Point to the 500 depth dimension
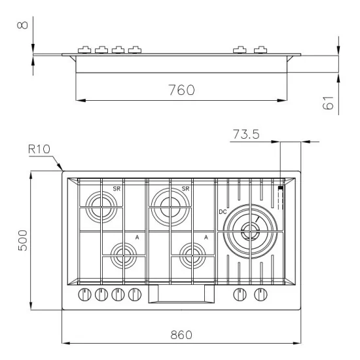point(22,242)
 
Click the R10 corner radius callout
point(41,149)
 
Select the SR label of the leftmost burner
point(116,189)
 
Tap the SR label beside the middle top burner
point(185,189)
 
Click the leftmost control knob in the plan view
point(84,295)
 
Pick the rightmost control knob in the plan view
point(261,295)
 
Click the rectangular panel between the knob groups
point(181,296)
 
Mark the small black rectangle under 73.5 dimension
point(279,188)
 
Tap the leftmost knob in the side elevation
point(84,50)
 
